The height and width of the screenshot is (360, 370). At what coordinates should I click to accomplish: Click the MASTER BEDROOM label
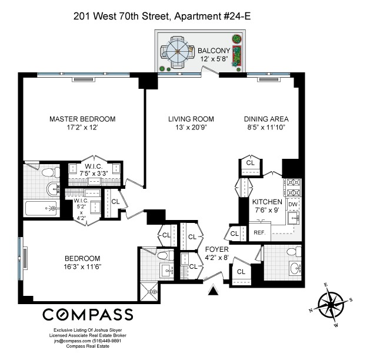(x=82, y=119)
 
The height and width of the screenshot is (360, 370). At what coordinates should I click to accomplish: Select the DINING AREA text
(x=266, y=119)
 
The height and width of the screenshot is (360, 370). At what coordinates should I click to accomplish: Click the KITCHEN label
(x=268, y=202)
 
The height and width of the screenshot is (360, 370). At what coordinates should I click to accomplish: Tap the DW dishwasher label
(x=292, y=204)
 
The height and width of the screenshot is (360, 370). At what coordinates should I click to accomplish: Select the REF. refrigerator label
(x=259, y=232)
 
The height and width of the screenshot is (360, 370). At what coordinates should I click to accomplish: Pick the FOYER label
(x=216, y=249)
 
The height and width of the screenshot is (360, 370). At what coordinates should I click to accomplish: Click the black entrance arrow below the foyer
(x=214, y=289)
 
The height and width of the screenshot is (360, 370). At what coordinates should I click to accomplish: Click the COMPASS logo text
(x=87, y=313)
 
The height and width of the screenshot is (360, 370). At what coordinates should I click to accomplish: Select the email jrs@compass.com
(x=73, y=341)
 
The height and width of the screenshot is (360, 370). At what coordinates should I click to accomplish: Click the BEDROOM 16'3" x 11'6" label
(x=82, y=262)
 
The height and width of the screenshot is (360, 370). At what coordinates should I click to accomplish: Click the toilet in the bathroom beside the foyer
(x=289, y=251)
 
